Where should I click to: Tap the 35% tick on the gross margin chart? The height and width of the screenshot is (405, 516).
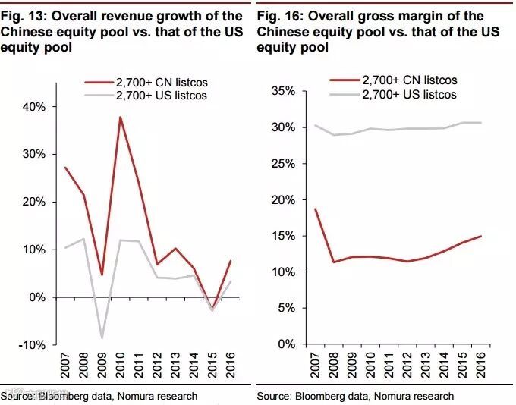pyautogui.click(x=283, y=91)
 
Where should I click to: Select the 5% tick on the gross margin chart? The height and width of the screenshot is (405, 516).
pyautogui.click(x=286, y=308)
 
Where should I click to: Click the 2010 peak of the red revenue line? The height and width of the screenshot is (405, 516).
pyautogui.click(x=120, y=117)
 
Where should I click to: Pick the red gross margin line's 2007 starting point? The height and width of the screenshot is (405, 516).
pyautogui.click(x=314, y=209)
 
